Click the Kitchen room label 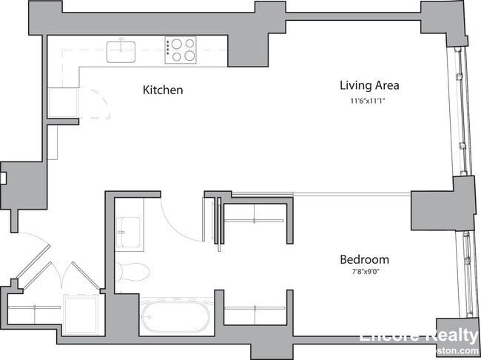tap(163, 90)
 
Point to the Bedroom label tap(364, 260)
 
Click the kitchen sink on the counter tap(122, 52)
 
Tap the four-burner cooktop tap(180, 50)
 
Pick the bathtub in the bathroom tap(175, 317)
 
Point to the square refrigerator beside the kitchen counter tap(62, 102)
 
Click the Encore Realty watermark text tap(419, 334)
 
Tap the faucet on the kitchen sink tap(122, 42)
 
